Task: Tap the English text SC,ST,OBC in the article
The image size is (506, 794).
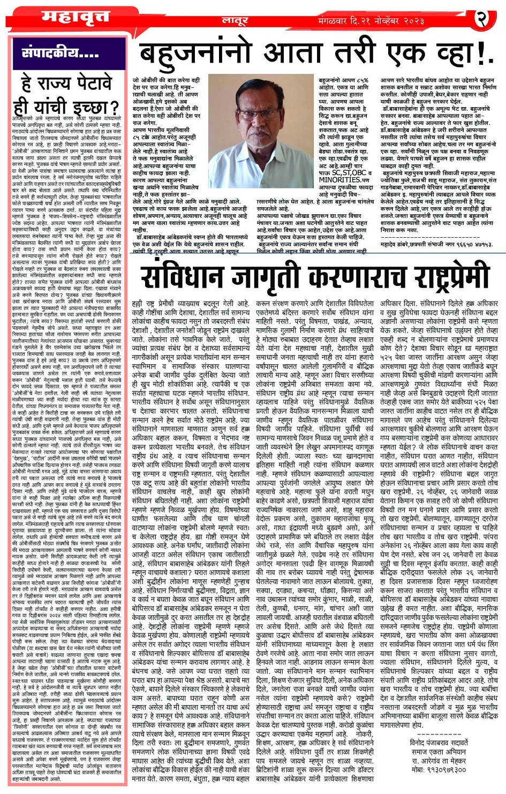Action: [343, 173]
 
